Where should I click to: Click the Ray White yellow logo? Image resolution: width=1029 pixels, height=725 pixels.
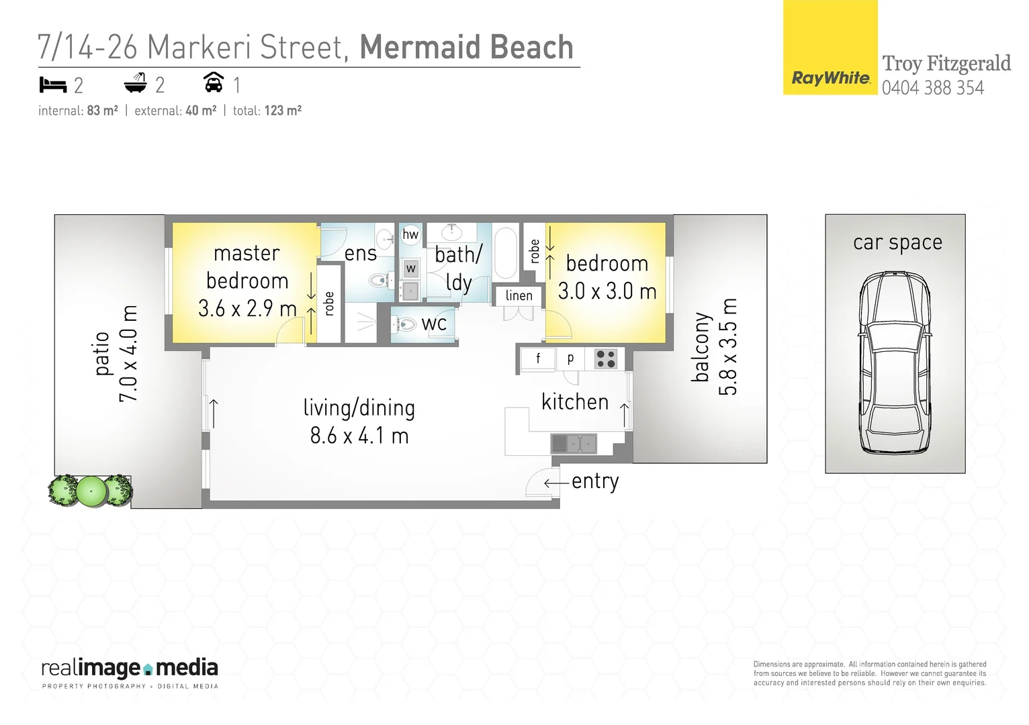pyautogui.click(x=830, y=48)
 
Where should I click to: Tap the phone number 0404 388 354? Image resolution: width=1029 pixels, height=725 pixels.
pyautogui.click(x=932, y=88)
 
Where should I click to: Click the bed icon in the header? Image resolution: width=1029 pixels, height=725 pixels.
pyautogui.click(x=53, y=85)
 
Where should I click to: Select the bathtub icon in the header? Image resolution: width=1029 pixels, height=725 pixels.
pyautogui.click(x=136, y=84)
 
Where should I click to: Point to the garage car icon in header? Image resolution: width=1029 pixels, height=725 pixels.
pyautogui.click(x=214, y=83)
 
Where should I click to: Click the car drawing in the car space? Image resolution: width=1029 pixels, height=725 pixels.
pyautogui.click(x=895, y=362)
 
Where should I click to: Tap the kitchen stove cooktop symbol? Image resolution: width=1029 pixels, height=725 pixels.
pyautogui.click(x=606, y=359)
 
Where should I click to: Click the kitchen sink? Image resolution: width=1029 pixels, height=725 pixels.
pyautogui.click(x=574, y=444)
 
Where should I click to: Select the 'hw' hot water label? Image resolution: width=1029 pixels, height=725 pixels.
pyautogui.click(x=410, y=234)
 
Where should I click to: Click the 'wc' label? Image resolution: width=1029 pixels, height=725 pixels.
pyautogui.click(x=434, y=324)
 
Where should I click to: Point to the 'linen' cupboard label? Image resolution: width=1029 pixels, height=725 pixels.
pyautogui.click(x=519, y=295)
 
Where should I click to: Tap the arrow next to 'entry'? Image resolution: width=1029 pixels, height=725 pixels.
pyautogui.click(x=556, y=483)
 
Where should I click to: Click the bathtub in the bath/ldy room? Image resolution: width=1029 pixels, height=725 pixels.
pyautogui.click(x=506, y=253)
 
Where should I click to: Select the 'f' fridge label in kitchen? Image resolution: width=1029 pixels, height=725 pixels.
pyautogui.click(x=538, y=358)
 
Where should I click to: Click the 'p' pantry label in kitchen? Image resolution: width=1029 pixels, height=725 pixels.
pyautogui.click(x=570, y=358)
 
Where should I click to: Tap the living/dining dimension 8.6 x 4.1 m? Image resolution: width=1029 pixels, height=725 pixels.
pyautogui.click(x=359, y=436)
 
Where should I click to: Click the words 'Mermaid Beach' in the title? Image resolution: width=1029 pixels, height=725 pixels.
pyautogui.click(x=466, y=48)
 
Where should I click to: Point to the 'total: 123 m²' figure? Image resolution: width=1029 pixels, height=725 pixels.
pyautogui.click(x=267, y=111)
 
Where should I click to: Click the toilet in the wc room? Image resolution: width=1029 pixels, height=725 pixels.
pyautogui.click(x=406, y=325)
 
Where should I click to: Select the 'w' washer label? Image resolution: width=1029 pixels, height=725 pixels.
pyautogui.click(x=411, y=269)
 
